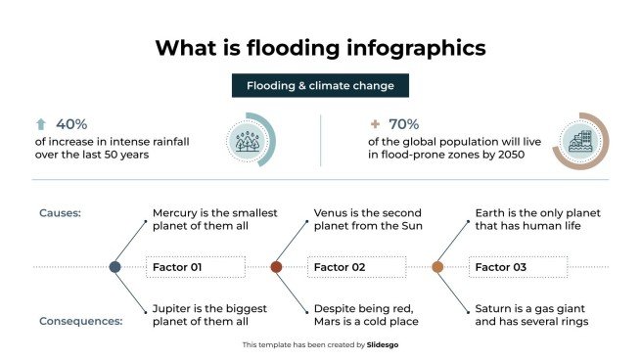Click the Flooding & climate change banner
(x=320, y=85)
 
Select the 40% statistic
(x=71, y=124)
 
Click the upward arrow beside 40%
(x=41, y=124)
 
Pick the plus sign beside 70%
(x=375, y=124)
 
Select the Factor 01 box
(x=195, y=266)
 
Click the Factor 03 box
(x=518, y=266)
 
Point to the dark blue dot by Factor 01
(x=115, y=266)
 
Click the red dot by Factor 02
(x=276, y=266)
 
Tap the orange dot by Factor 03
(x=437, y=266)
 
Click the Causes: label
(x=60, y=212)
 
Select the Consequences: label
(x=81, y=321)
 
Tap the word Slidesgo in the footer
(x=382, y=344)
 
